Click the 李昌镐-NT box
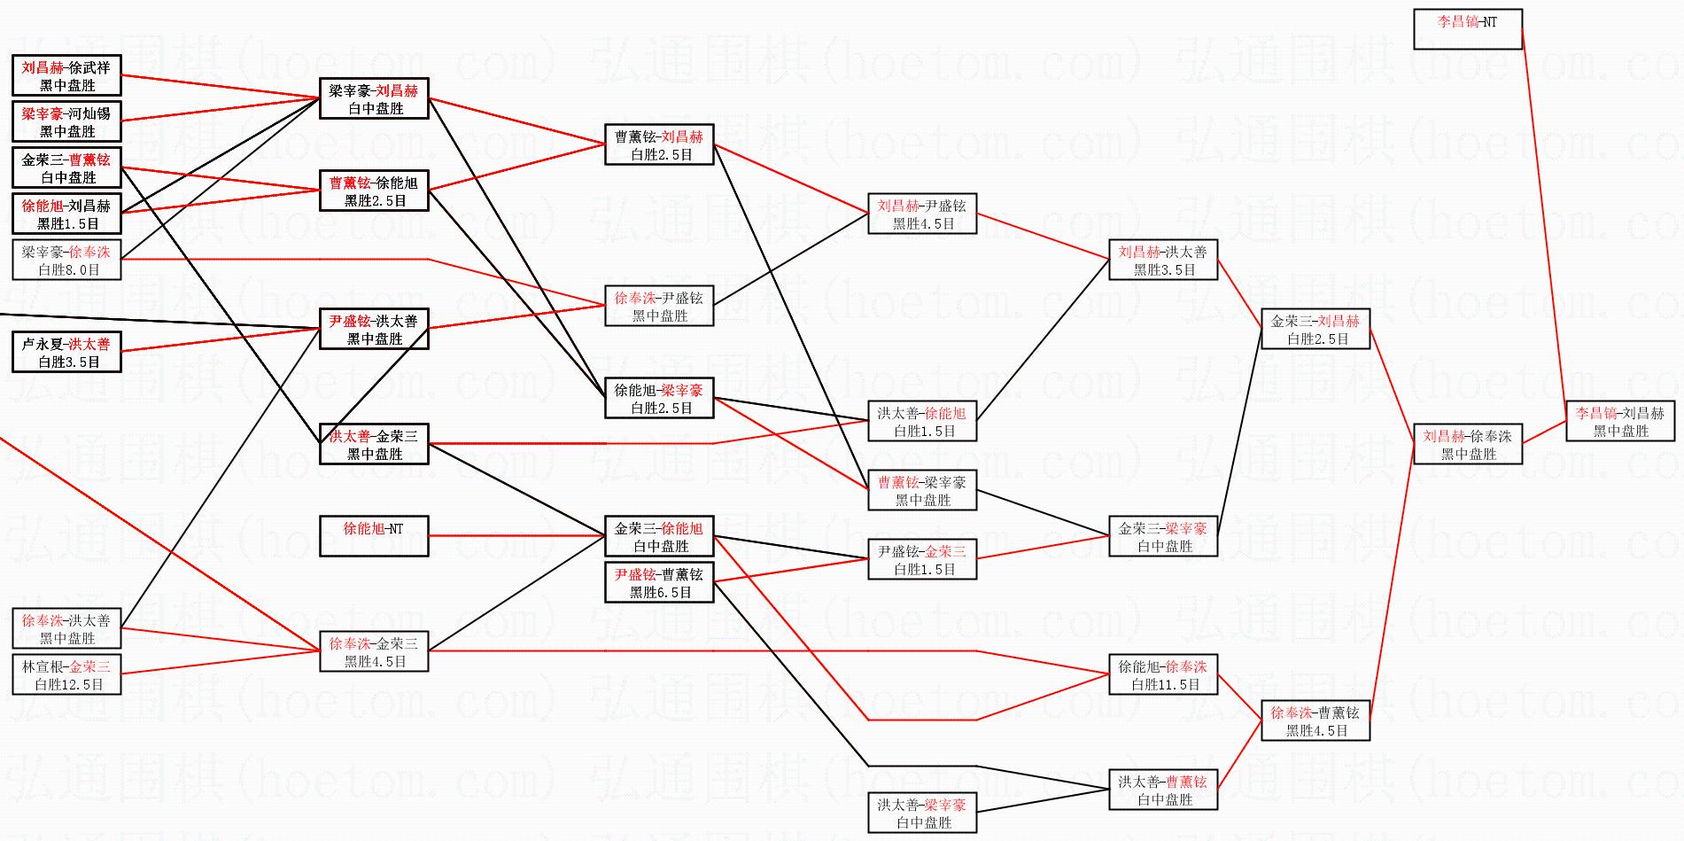pos(1467,29)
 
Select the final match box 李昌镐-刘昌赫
pos(1619,421)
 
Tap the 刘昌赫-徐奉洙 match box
pos(1467,444)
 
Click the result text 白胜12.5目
pos(68,685)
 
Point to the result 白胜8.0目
pos(68,270)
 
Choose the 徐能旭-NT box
pos(373,536)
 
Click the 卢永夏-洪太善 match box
pos(66,352)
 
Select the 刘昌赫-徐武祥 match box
pos(66,75)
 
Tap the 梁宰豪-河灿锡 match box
pos(66,121)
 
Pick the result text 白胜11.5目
pos(1164,685)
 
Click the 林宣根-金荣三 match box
pos(66,674)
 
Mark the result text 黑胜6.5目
pos(660,593)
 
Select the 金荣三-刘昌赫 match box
pos(1315,329)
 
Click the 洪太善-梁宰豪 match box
pos(921,813)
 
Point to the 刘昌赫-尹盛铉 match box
pos(921,214)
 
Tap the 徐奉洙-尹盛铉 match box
pos(659,306)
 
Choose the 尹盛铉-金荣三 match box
pos(921,559)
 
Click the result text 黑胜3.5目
pos(1164,270)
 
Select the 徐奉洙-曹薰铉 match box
pos(1315,720)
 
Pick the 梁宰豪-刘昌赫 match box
pos(373,98)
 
